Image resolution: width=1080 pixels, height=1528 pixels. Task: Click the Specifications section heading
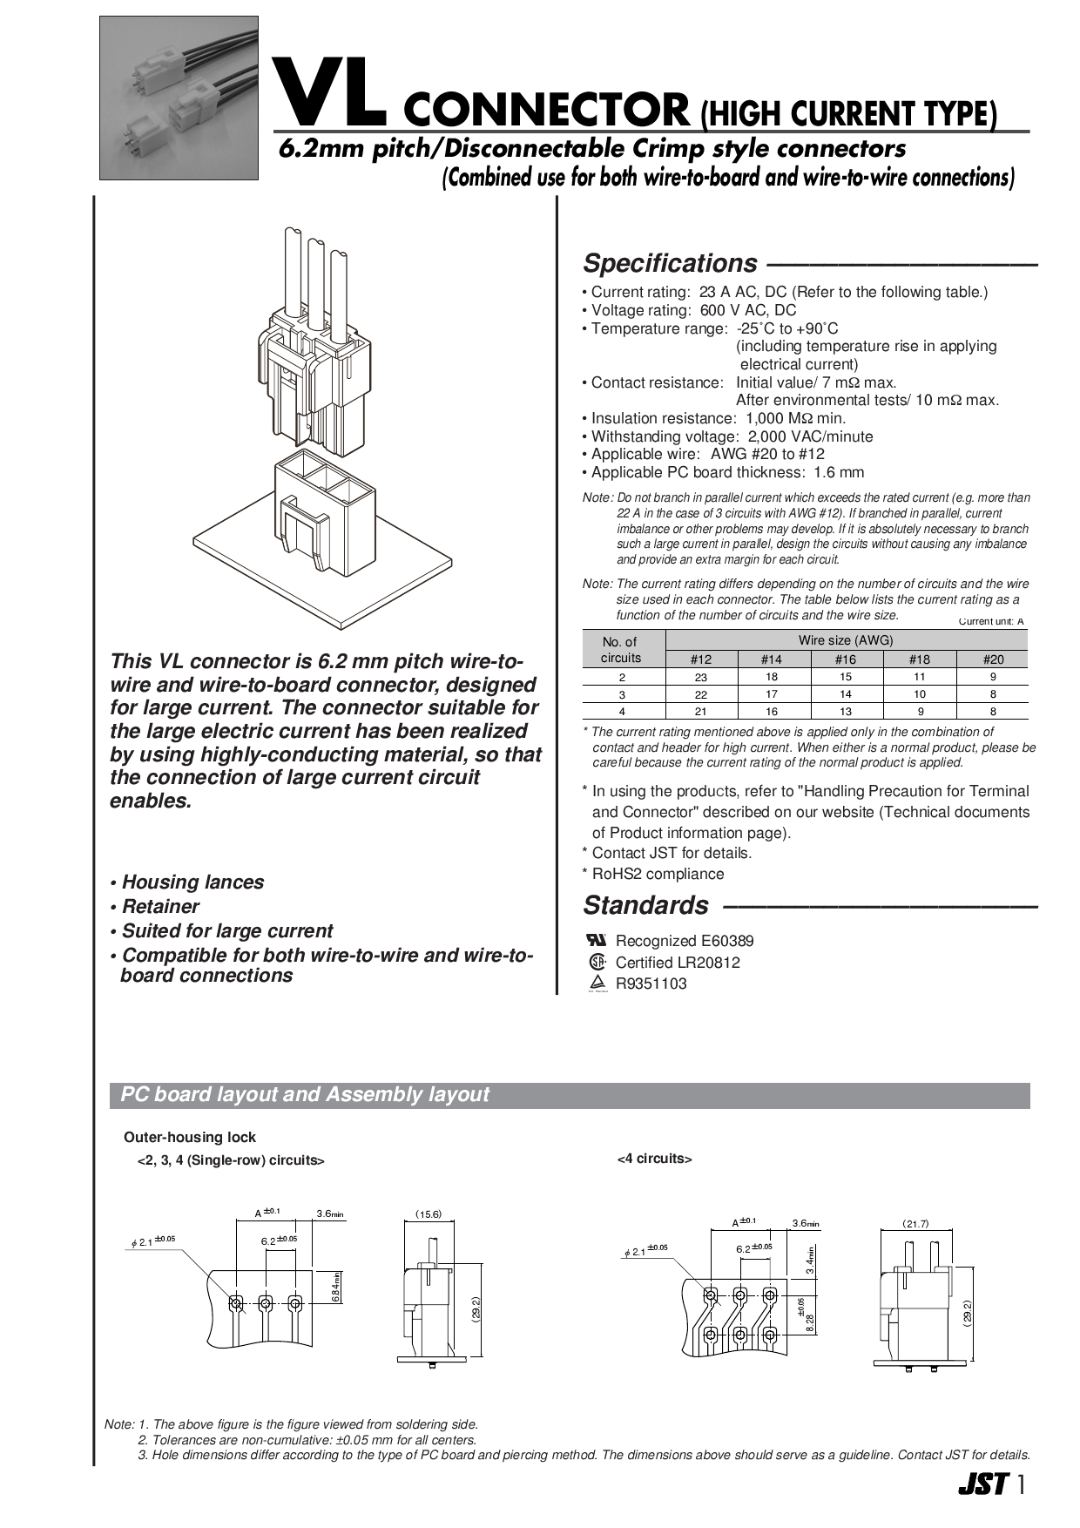pos(669,263)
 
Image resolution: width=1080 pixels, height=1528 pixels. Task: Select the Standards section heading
pos(645,906)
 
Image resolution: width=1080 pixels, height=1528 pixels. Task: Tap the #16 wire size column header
pos(845,659)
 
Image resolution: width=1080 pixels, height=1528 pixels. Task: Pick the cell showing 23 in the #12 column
pos(701,677)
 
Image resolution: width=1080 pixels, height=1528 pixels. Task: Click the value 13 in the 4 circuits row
pos(846,712)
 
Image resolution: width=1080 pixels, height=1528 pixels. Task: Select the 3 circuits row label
pos(622,694)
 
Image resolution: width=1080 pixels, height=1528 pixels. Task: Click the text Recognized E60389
pos(684,941)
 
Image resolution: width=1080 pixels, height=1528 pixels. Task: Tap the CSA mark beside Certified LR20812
pos(597,963)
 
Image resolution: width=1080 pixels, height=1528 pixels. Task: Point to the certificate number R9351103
pos(651,984)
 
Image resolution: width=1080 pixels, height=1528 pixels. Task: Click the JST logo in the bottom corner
pos(982,1484)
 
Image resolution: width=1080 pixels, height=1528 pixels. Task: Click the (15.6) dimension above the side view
pos(428,1214)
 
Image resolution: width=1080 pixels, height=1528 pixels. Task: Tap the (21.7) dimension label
pos(915,1223)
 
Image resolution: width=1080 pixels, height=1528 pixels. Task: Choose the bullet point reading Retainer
pos(160,907)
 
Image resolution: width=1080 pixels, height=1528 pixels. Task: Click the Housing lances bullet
pos(192,882)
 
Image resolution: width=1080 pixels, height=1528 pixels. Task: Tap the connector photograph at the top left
pos(179,98)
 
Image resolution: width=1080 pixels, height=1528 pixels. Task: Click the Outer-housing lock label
pos(190,1137)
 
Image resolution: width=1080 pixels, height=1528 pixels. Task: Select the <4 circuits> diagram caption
pos(654,1159)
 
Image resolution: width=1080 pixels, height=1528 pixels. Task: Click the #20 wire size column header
pos(993,659)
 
